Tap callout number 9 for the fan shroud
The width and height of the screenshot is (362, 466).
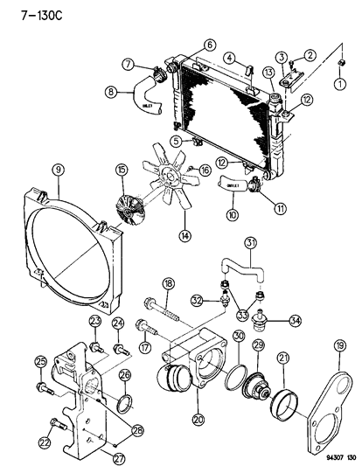pos(57,170)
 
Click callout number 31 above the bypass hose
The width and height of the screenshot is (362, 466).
pos(249,242)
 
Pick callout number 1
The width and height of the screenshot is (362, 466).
pos(340,85)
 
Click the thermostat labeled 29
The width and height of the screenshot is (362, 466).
pos(260,386)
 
